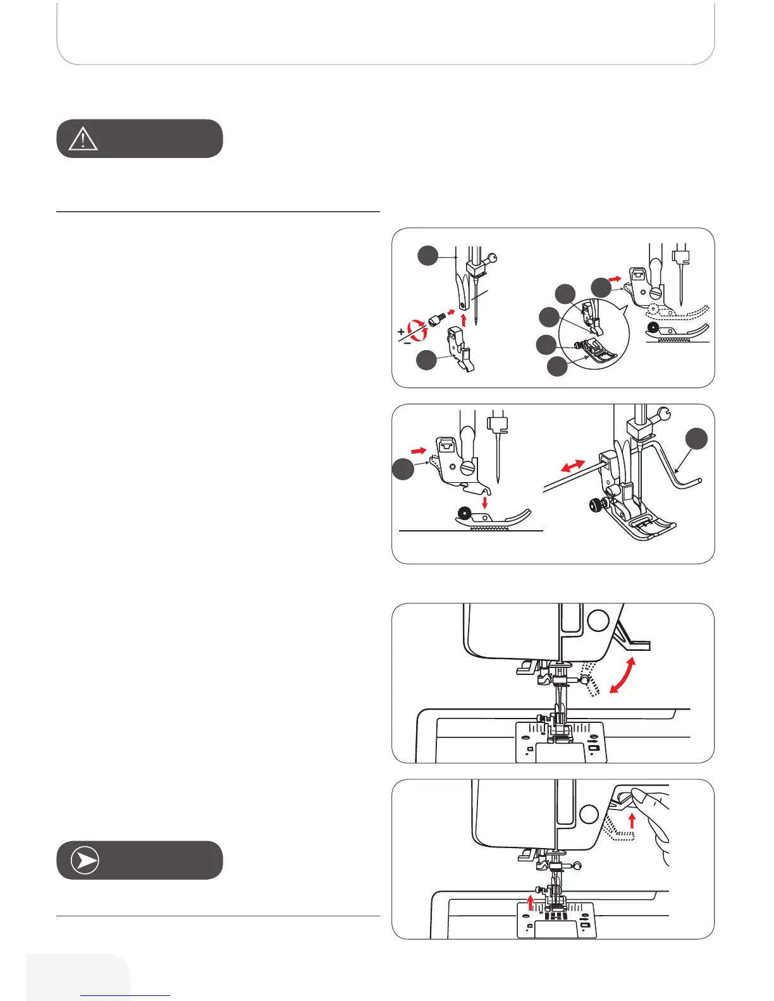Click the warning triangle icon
pyautogui.click(x=83, y=138)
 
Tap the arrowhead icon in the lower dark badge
pyautogui.click(x=85, y=861)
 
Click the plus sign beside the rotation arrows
pyautogui.click(x=401, y=332)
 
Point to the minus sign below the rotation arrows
pyautogui.click(x=407, y=343)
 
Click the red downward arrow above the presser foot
pyautogui.click(x=485, y=502)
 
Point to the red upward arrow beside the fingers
pyautogui.click(x=632, y=820)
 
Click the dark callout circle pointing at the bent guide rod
pyautogui.click(x=697, y=439)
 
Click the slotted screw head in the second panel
pyautogui.click(x=468, y=468)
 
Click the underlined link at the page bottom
pyautogui.click(x=125, y=995)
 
